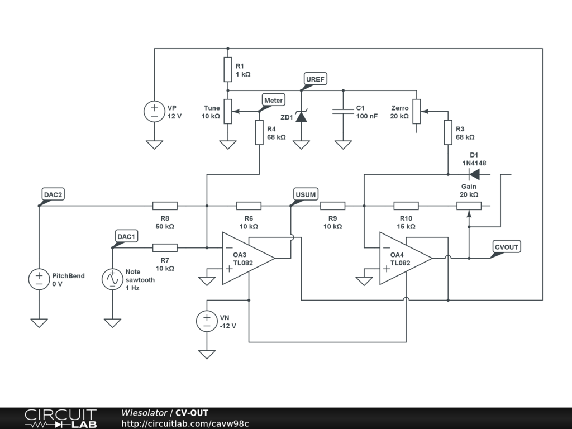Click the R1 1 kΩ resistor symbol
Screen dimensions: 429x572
point(227,69)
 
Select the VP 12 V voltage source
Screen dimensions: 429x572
point(154,112)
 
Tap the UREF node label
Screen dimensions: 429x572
point(315,79)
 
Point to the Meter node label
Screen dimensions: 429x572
point(273,100)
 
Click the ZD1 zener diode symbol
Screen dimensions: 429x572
point(302,117)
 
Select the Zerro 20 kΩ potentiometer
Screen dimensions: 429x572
point(417,112)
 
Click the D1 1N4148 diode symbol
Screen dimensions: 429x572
point(474,174)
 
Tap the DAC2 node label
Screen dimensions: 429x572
point(54,194)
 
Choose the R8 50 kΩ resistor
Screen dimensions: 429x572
point(165,206)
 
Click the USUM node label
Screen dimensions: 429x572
point(305,194)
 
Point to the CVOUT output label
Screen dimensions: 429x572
point(507,247)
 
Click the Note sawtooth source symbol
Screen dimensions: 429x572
point(112,279)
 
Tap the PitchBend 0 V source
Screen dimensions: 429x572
point(39,279)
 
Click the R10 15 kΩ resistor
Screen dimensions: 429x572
point(406,206)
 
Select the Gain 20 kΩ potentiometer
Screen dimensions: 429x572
point(469,206)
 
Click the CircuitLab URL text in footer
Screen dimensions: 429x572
point(185,423)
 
